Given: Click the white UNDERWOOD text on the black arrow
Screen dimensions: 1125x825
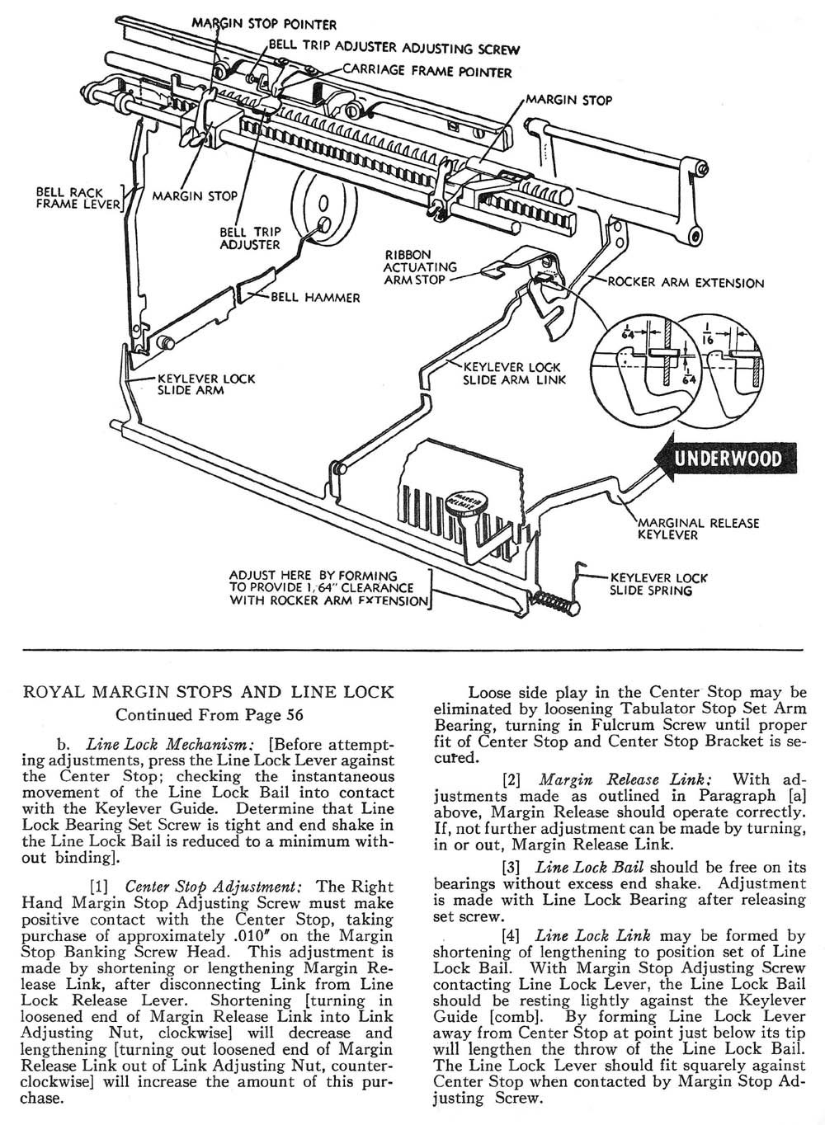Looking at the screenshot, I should pyautogui.click(x=728, y=459).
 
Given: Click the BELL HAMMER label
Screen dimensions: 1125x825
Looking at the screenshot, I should pyautogui.click(x=315, y=297).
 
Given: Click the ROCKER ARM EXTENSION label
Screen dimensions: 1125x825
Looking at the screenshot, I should pyautogui.click(x=686, y=283).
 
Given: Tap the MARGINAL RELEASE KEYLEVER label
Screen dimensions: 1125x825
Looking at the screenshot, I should pyautogui.click(x=699, y=529).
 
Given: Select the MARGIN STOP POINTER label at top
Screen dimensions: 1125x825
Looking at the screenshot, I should pyautogui.click(x=264, y=26).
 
